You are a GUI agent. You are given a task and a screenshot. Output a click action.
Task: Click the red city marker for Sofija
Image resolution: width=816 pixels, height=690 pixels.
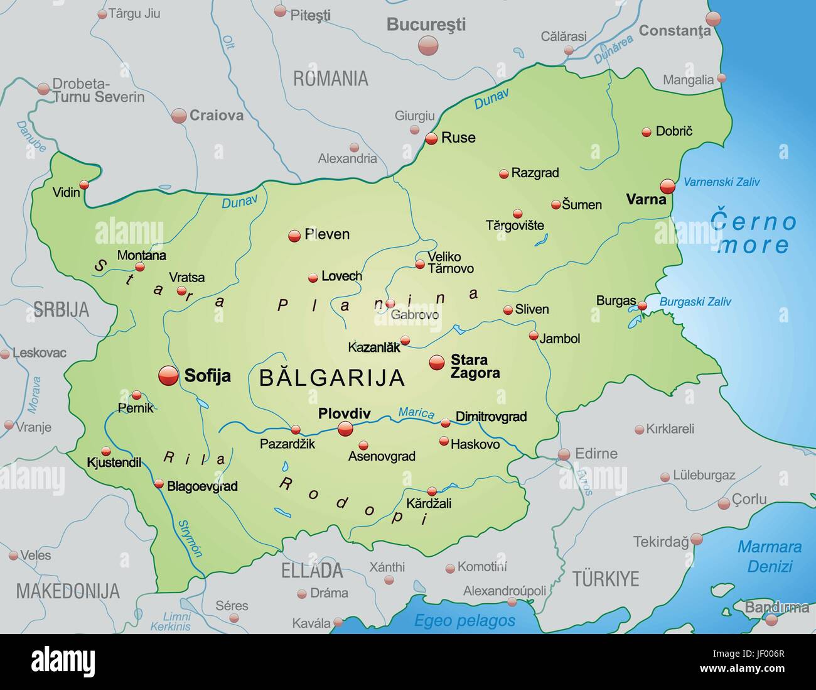point(168,375)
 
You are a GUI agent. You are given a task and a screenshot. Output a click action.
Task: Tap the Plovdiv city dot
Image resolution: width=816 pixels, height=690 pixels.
point(345,429)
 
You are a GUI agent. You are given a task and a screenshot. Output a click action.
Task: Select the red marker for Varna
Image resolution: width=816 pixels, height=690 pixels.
point(667,186)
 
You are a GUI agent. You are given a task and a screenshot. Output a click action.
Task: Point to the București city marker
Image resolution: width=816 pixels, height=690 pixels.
point(428,45)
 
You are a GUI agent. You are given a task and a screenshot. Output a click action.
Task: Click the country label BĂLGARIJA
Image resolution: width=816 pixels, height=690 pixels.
point(331,378)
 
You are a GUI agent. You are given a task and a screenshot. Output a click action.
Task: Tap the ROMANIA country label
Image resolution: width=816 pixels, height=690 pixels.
point(330,79)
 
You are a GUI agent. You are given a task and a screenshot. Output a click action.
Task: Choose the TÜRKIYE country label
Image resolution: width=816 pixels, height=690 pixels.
point(605,579)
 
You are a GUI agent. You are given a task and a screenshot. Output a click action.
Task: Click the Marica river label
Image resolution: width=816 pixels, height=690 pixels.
point(416,413)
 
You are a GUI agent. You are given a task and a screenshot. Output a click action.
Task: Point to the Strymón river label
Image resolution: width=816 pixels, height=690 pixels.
point(190,539)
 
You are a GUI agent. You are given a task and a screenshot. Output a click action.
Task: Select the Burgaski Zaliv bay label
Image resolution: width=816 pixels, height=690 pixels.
point(695,302)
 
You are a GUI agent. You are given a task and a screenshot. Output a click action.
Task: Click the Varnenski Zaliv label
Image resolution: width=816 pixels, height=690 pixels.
point(721,182)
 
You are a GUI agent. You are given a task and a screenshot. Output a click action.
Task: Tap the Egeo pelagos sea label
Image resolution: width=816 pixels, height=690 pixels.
point(464,621)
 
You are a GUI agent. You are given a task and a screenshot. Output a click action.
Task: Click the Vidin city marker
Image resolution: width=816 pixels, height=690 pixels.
point(83,185)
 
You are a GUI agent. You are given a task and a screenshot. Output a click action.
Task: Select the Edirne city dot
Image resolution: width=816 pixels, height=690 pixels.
point(564,454)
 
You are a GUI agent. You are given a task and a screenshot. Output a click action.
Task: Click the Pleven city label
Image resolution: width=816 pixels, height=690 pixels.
point(327,234)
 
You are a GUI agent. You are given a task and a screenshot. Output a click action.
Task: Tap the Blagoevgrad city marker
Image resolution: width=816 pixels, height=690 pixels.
point(159,484)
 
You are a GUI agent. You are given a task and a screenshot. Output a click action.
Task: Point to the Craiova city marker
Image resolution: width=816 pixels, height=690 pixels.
point(179,116)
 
